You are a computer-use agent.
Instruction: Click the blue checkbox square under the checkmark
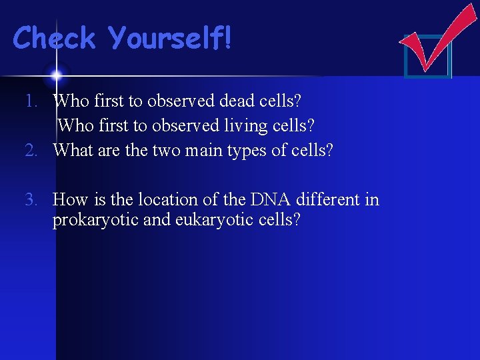[x=428, y=56]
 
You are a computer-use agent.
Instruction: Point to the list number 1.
[x=33, y=101]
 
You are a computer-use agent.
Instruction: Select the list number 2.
[x=33, y=150]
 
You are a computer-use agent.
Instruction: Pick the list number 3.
[x=33, y=199]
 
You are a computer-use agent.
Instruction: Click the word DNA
[x=270, y=199]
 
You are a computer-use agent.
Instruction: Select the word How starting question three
[x=70, y=199]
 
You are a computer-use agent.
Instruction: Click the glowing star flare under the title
[x=56, y=74]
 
